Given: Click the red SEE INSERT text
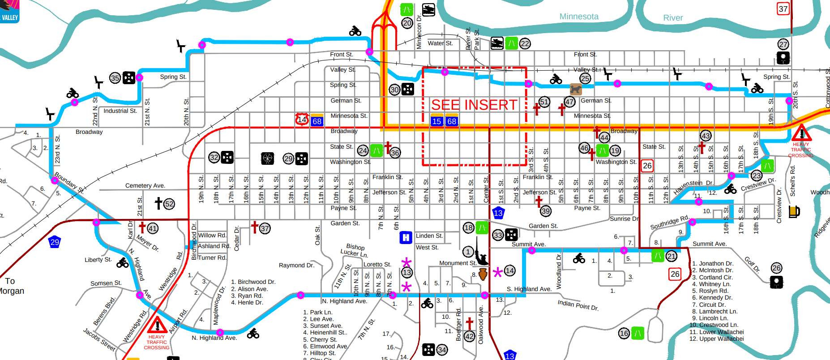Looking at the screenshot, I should coord(474,105).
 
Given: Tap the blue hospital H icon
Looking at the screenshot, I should coord(406,237).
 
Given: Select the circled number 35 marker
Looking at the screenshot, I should coord(115,78).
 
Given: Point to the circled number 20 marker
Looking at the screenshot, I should coord(407,23).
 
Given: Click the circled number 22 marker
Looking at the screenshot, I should coord(525,43).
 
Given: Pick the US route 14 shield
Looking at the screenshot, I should coord(302,119).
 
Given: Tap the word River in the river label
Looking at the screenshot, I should coord(673,18).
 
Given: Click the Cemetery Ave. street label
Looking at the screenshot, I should coord(145,185).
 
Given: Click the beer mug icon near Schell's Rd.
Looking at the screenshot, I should coord(794,211).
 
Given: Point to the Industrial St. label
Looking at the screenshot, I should coord(120,111).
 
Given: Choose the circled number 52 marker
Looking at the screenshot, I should coord(169,204).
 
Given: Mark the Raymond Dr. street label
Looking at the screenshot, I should coord(296,265).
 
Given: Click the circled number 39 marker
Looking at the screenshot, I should coord(545,211).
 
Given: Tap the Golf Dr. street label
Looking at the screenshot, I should coord(752,264).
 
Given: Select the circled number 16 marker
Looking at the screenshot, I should coord(624,333).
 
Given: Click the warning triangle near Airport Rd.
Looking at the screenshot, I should coord(157,325).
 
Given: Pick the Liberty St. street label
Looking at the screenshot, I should coord(98,260).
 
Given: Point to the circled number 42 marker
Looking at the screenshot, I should coord(469,336).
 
